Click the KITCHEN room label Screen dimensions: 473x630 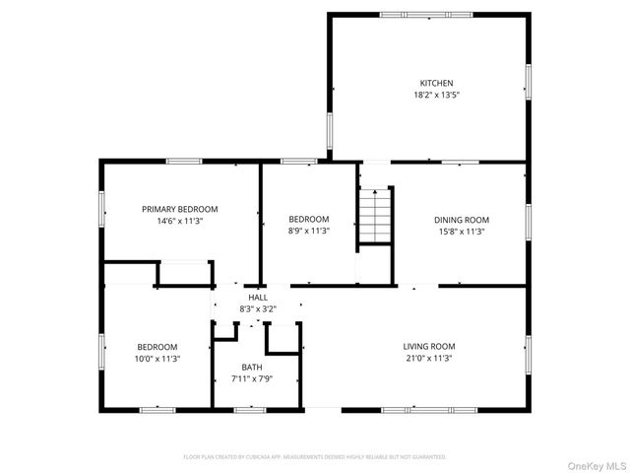[x=436, y=83]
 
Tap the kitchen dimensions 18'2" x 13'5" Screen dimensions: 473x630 [x=436, y=95]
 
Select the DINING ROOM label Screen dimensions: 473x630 [x=462, y=220]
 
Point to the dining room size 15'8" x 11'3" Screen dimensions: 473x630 [x=462, y=232]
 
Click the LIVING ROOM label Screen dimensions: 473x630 [x=429, y=346]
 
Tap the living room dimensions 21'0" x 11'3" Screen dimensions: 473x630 [x=429, y=358]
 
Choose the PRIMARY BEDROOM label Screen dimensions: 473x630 [x=179, y=209]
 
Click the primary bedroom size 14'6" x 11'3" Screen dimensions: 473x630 [x=179, y=221]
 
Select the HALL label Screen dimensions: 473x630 [x=258, y=298]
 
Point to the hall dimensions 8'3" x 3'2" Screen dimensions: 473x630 [x=258, y=308]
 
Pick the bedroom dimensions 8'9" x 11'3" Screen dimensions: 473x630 [x=308, y=231]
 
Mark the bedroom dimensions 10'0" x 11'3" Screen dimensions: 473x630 [x=157, y=359]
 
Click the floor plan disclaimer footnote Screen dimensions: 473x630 [x=315, y=457]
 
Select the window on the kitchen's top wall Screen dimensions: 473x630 [x=425, y=14]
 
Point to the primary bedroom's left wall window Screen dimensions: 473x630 [x=101, y=209]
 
